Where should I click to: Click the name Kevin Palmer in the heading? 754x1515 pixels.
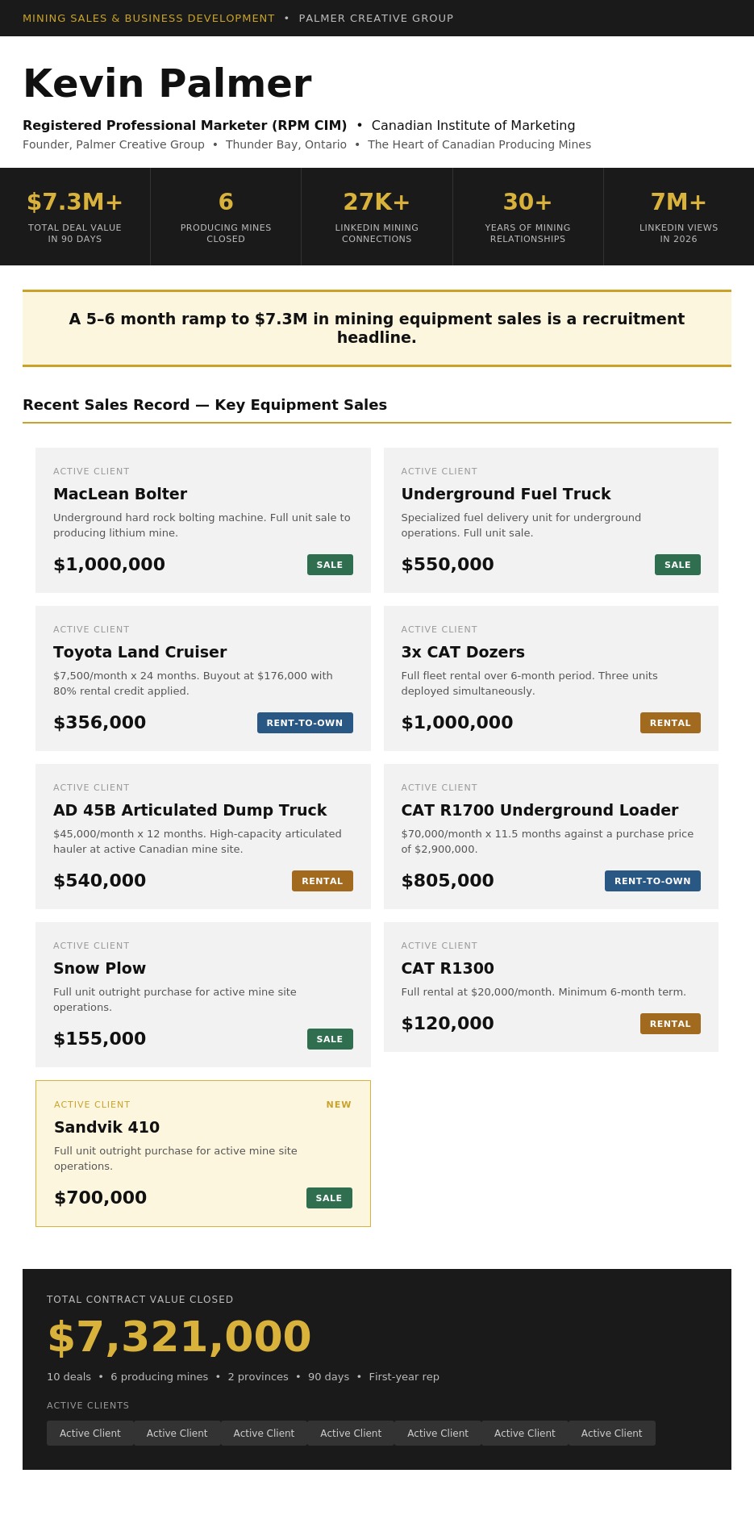[x=167, y=83]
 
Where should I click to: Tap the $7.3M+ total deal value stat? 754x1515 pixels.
[x=75, y=202]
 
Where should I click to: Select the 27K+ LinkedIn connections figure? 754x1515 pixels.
[x=377, y=202]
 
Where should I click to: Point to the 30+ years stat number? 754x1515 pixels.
[x=527, y=202]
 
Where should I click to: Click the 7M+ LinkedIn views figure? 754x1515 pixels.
[x=678, y=202]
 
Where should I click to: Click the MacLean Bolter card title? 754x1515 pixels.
[x=120, y=494]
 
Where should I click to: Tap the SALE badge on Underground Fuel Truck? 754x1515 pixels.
[x=677, y=565]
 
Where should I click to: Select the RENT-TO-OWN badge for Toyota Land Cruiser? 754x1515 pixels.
[x=305, y=723]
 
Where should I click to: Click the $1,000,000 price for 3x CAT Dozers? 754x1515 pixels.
[x=457, y=723]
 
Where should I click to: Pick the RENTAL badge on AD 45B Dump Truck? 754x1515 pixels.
[x=323, y=881]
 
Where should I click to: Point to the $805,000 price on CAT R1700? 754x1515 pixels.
[x=448, y=881]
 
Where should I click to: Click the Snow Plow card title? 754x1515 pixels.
[x=99, y=968]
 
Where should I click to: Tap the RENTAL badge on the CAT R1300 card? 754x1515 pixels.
[x=670, y=1024]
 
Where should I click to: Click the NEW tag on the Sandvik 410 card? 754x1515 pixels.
[x=339, y=1104]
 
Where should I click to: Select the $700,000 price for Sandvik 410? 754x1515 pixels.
[x=100, y=1198]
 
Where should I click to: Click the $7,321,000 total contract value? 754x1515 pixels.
[x=179, y=1337]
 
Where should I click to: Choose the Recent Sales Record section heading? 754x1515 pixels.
[x=205, y=405]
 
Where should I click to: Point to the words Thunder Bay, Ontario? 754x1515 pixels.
[x=286, y=144]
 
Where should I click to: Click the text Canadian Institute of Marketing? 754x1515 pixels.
[x=473, y=126]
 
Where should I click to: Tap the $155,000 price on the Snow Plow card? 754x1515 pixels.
[x=100, y=1039]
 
